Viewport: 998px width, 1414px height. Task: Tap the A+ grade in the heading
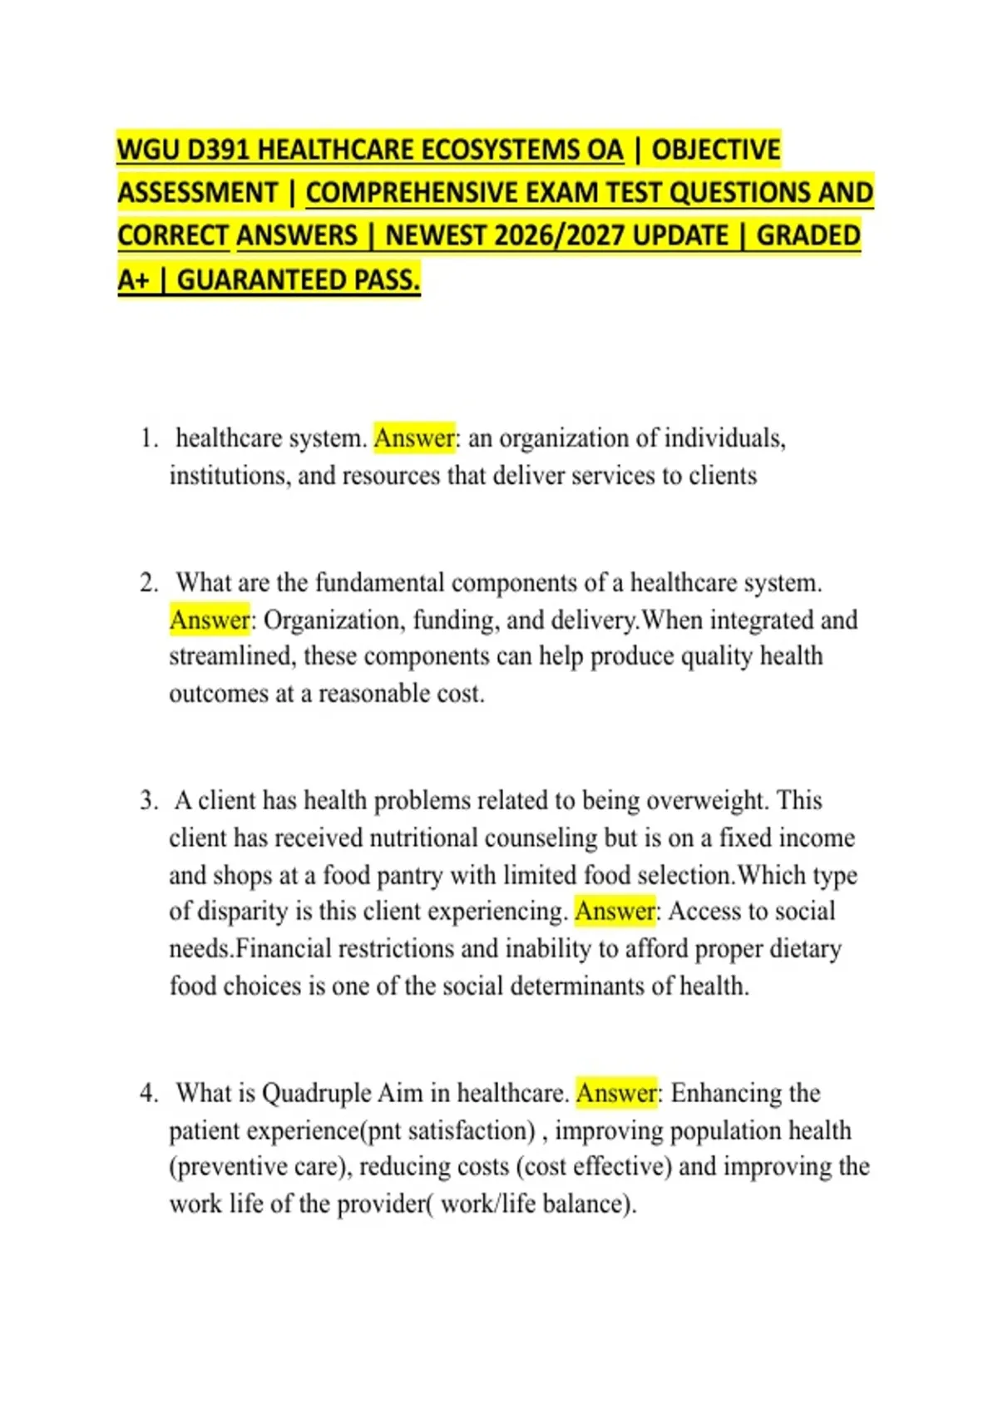133,279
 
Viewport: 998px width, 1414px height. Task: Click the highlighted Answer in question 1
414,438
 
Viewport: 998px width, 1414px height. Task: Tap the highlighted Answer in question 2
209,620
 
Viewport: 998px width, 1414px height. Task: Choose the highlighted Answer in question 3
615,912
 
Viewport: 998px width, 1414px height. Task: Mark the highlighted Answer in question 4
615,1093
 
